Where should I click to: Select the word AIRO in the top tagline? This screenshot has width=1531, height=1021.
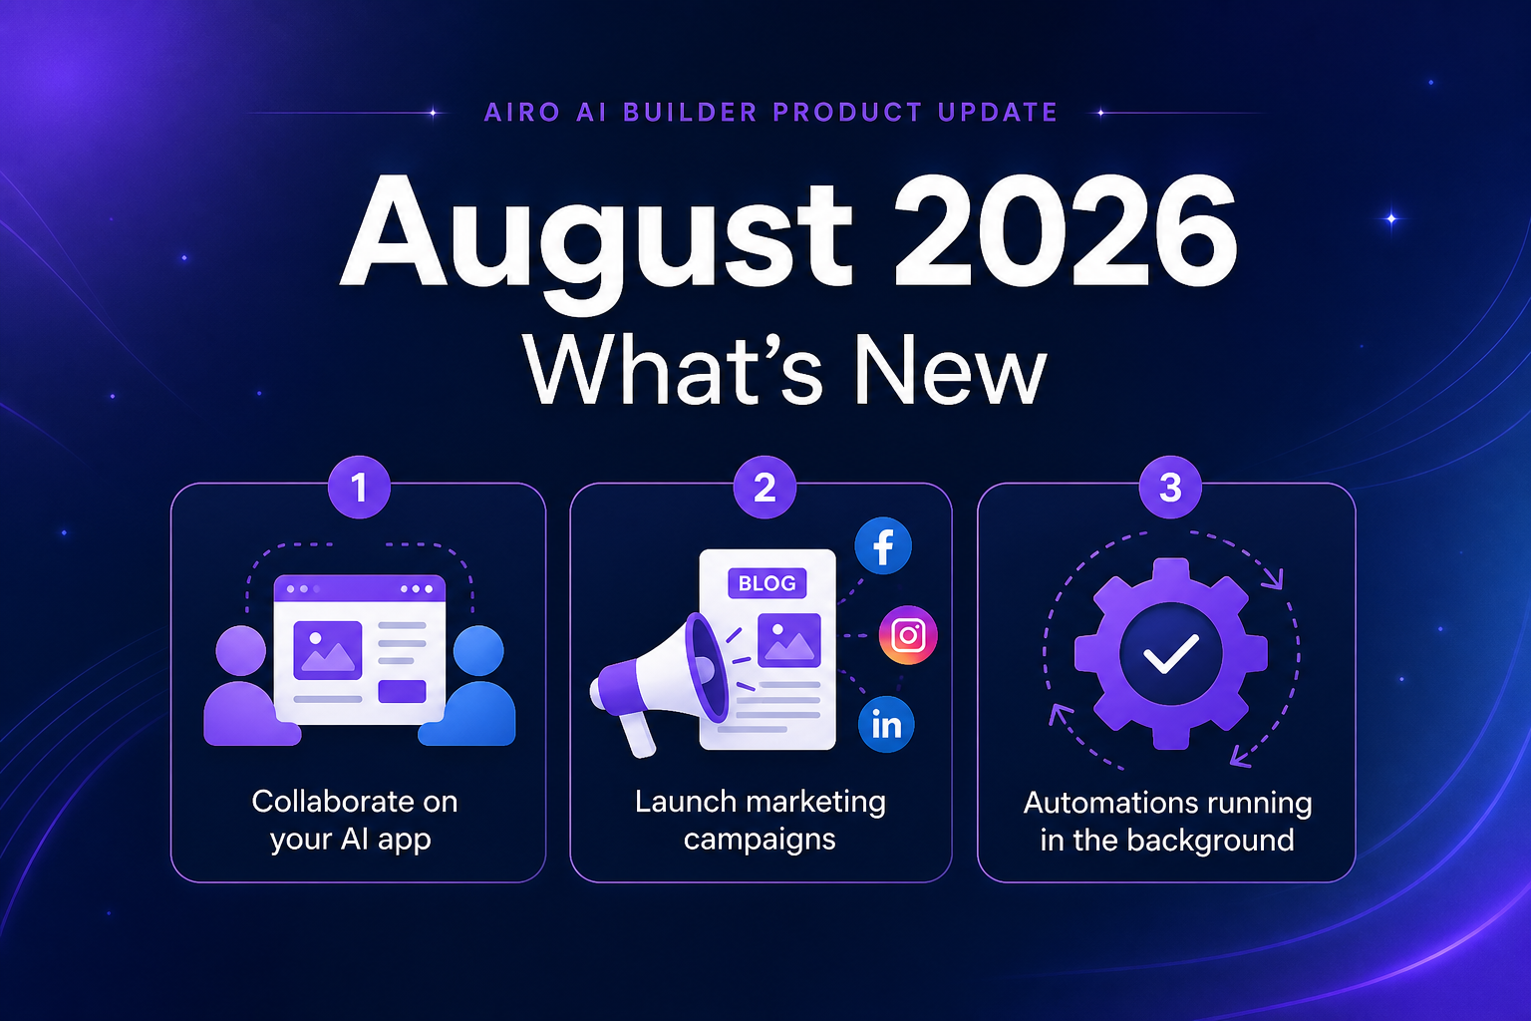tap(522, 112)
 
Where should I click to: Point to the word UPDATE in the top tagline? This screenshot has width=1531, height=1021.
tap(998, 112)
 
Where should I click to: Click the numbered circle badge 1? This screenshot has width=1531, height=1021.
tap(359, 487)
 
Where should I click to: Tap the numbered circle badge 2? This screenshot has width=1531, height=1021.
tap(765, 487)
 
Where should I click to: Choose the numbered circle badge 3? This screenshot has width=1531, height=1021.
tap(1170, 487)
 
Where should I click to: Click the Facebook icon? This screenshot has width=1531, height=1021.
tap(883, 545)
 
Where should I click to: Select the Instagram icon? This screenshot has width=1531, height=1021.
tap(908, 635)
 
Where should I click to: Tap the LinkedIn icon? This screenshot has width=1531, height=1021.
tap(886, 725)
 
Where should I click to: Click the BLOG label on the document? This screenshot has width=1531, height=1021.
tap(766, 583)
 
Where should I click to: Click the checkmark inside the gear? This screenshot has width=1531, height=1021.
tap(1171, 654)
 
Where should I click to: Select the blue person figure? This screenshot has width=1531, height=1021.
tap(470, 685)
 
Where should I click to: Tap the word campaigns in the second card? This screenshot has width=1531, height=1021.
tap(760, 841)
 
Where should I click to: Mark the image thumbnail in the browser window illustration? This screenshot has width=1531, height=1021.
tap(327, 650)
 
